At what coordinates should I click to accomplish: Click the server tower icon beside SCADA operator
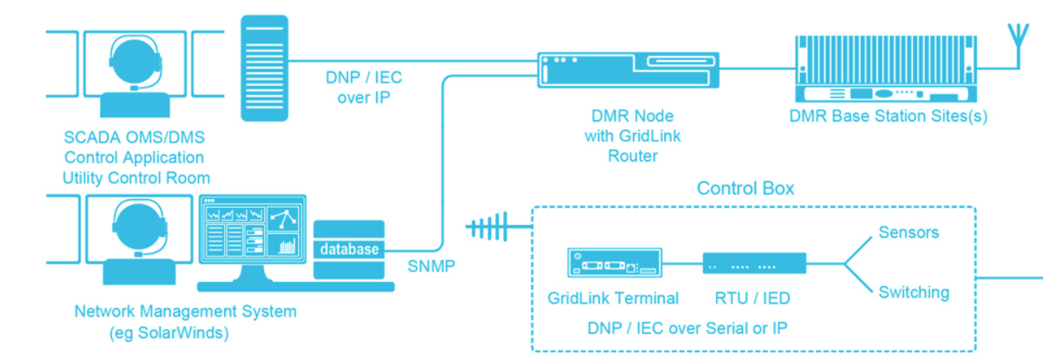pos(264,67)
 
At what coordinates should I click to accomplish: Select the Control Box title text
pos(745,188)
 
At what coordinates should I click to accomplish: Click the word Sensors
pos(908,232)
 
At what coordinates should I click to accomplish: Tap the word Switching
pos(913,292)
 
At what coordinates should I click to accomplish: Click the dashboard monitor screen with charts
pos(252,232)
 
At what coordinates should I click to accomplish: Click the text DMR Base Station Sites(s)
pos(888,116)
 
